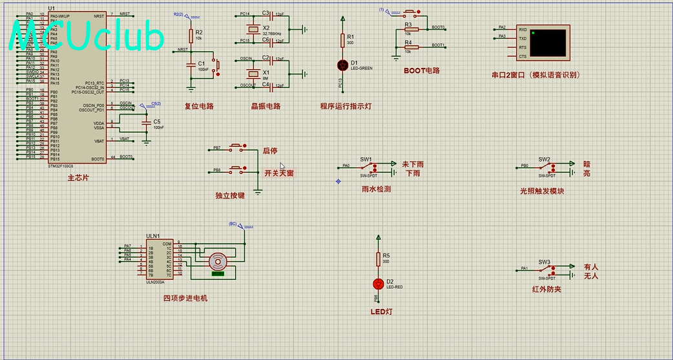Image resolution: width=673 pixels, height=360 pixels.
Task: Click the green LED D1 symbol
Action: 343,65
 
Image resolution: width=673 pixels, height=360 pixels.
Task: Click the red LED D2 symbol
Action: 378,284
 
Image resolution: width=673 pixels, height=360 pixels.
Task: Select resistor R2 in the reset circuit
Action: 191,36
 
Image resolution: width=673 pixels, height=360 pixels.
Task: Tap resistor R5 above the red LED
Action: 378,259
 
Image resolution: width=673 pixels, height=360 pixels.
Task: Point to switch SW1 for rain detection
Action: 367,166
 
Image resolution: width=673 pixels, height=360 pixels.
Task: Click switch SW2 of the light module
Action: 544,166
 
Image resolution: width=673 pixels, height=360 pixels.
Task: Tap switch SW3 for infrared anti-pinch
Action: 544,268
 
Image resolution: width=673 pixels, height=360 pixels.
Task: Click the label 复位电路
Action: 199,106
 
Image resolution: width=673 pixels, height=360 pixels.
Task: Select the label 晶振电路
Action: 265,106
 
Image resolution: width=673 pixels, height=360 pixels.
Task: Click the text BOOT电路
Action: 421,70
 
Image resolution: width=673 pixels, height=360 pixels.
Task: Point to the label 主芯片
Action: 79,177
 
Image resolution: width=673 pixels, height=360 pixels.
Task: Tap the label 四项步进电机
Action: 185,298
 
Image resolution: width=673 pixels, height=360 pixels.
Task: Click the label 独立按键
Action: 230,195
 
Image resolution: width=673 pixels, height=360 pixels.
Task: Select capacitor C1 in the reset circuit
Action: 191,65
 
